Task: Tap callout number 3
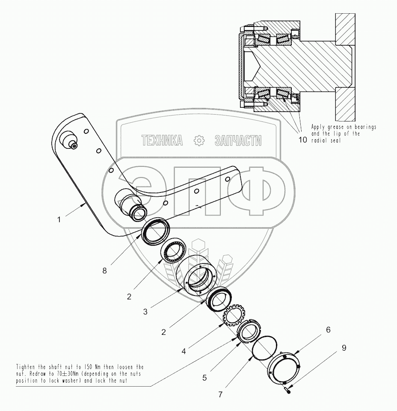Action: [145, 312]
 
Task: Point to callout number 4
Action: [184, 351]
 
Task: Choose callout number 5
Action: [204, 378]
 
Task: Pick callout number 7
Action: [220, 394]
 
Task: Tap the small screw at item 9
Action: [288, 390]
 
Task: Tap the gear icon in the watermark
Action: [198, 140]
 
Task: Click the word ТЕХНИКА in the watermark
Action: [162, 140]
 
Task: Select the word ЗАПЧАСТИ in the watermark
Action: [238, 140]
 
